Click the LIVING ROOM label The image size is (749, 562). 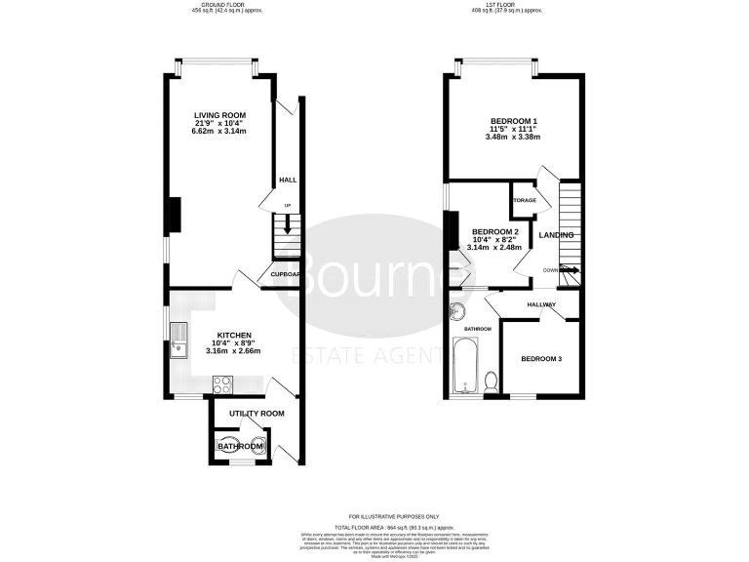tap(219, 115)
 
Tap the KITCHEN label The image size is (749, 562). tap(233, 334)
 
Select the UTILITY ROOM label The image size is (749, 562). tap(256, 414)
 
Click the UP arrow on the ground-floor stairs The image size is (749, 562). tap(287, 220)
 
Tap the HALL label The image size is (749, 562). tap(288, 181)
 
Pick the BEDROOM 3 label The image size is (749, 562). tap(540, 359)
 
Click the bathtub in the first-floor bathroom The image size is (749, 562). tap(467, 367)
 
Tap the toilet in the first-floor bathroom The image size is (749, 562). tap(493, 382)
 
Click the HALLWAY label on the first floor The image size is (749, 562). tap(541, 305)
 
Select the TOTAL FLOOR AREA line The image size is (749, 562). tap(394, 524)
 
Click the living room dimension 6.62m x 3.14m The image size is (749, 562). tap(219, 131)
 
